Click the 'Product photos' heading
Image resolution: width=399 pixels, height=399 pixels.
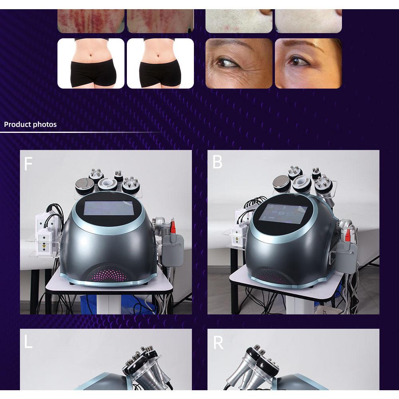[30, 124]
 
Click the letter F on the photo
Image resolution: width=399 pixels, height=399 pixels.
[28, 164]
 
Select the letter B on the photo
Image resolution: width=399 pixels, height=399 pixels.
[217, 162]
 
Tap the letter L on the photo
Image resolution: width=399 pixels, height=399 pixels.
[28, 342]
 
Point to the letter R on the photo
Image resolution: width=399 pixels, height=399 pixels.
[218, 343]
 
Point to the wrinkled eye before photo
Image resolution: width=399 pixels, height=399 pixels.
[239, 63]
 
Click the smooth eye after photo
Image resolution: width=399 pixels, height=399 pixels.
[308, 63]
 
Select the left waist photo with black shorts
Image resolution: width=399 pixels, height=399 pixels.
[91, 63]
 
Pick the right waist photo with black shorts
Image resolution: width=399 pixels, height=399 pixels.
[160, 63]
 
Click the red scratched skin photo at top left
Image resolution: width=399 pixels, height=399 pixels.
[91, 21]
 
